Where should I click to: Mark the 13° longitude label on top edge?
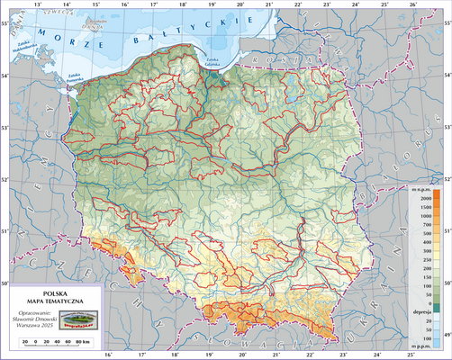pyautogui.click(x=37, y=4)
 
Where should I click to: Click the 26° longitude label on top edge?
pyautogui.click(x=412, y=4)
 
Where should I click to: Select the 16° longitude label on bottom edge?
pyautogui.click(x=110, y=355)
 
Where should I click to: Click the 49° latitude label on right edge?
pyautogui.click(x=447, y=334)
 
